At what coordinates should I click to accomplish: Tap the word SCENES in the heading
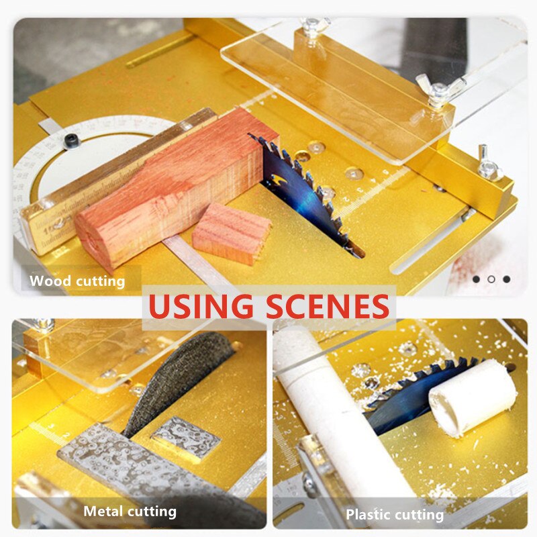click(328, 307)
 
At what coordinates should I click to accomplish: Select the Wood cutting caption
click(77, 281)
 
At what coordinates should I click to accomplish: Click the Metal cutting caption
click(130, 511)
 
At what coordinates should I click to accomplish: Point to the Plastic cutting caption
click(395, 515)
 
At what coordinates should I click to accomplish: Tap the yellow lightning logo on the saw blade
click(281, 181)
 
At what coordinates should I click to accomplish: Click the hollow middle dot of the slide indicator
click(491, 279)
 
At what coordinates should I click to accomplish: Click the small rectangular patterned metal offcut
click(186, 437)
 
